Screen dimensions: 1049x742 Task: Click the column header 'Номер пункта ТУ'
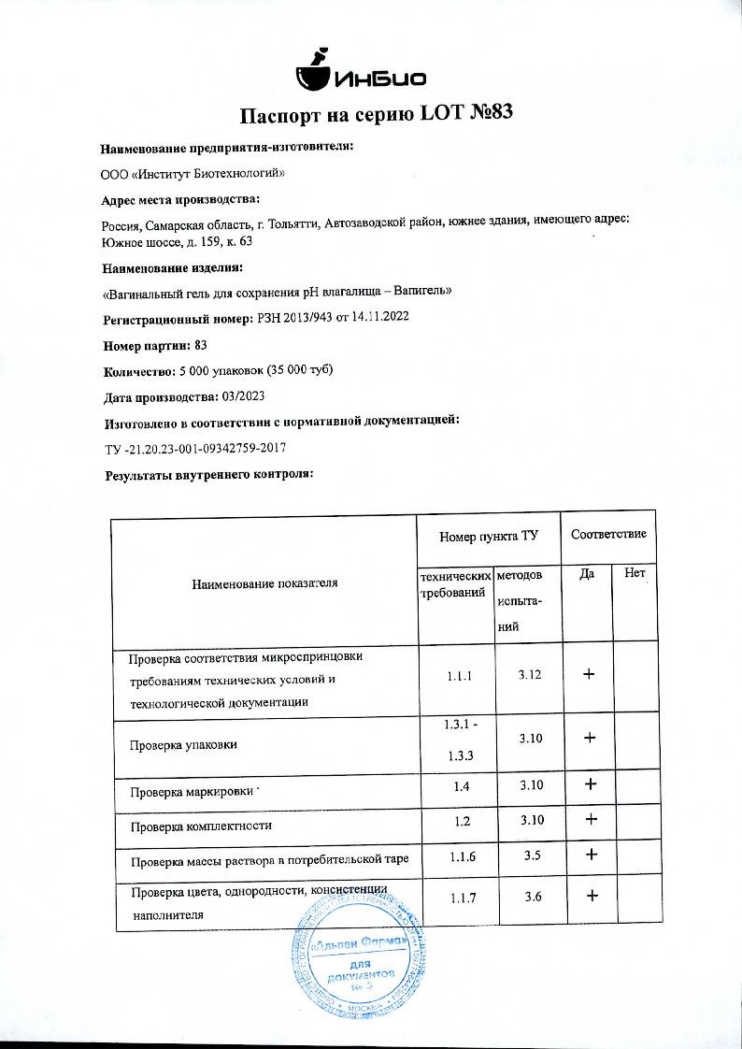point(488,538)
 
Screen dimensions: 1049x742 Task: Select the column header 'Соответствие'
point(608,534)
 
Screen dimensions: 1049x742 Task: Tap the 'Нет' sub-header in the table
point(635,572)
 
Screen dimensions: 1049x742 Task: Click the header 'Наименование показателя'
point(264,584)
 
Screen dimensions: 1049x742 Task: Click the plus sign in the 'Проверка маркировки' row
point(590,784)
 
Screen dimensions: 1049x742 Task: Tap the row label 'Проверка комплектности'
point(201,826)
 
